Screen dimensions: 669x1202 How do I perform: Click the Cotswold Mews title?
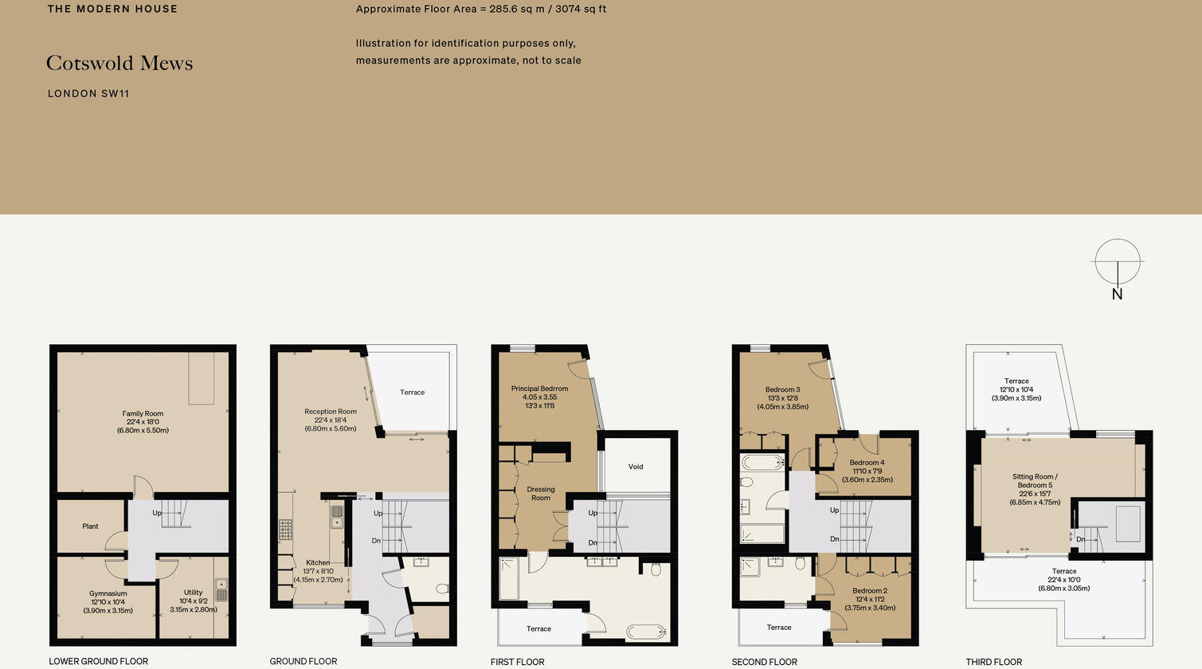pyautogui.click(x=119, y=64)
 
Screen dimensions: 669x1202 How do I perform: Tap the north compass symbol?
pyautogui.click(x=1118, y=262)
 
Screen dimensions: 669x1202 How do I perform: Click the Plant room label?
pyautogui.click(x=90, y=526)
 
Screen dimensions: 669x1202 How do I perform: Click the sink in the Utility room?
pyautogui.click(x=221, y=589)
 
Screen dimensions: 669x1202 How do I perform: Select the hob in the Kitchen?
pyautogui.click(x=285, y=529)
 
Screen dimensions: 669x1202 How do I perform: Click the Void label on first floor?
pyautogui.click(x=636, y=467)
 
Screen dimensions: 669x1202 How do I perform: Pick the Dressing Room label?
pyautogui.click(x=541, y=494)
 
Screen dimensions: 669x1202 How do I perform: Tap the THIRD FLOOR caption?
pyautogui.click(x=993, y=662)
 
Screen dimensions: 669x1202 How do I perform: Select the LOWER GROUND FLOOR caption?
pyautogui.click(x=98, y=661)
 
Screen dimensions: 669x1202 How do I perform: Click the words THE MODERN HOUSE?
pyautogui.click(x=112, y=10)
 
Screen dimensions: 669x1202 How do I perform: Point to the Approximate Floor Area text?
pyautogui.click(x=481, y=10)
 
